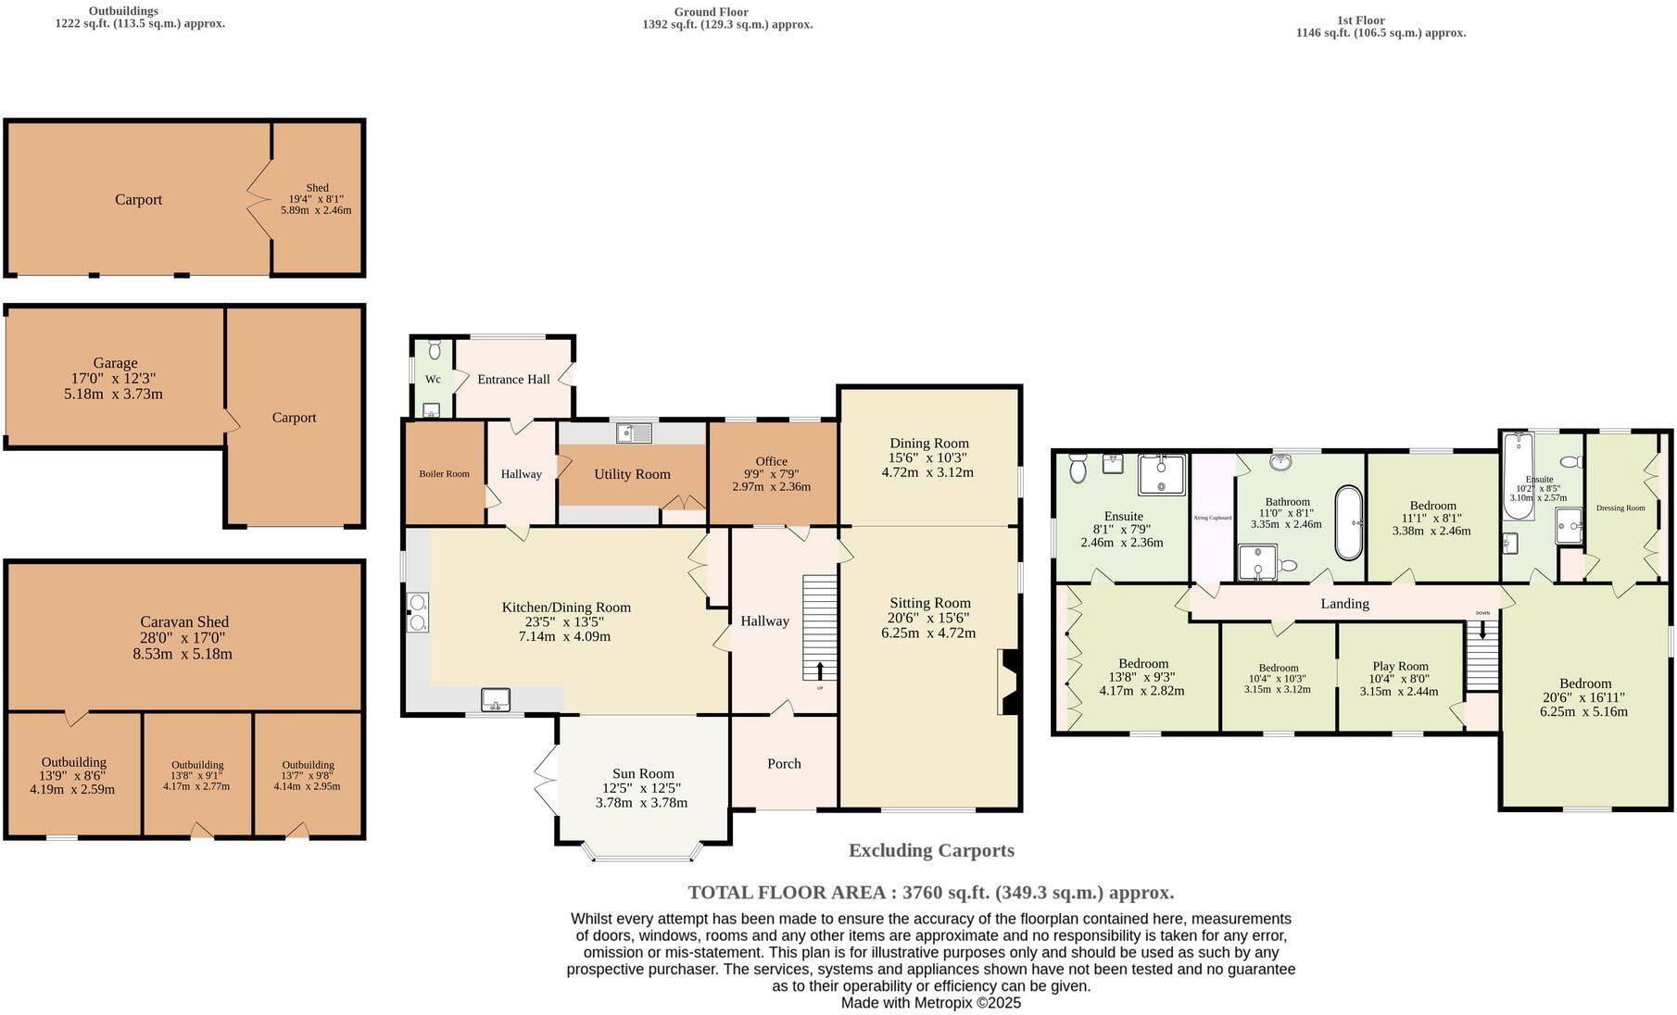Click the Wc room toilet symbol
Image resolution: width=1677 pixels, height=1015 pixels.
pyautogui.click(x=435, y=349)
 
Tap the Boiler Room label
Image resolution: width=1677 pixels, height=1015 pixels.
pyautogui.click(x=444, y=474)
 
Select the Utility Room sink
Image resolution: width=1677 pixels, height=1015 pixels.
pyautogui.click(x=635, y=432)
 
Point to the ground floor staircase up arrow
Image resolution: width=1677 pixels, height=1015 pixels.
pyautogui.click(x=820, y=670)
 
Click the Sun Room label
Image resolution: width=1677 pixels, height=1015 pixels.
pyautogui.click(x=643, y=773)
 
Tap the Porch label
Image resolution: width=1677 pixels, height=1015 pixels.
pyautogui.click(x=784, y=763)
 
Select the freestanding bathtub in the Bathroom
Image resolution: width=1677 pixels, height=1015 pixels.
pyautogui.click(x=1349, y=523)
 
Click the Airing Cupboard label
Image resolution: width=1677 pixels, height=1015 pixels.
pyautogui.click(x=1212, y=518)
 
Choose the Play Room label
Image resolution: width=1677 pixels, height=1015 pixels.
pyautogui.click(x=1400, y=666)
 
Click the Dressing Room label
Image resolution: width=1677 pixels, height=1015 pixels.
pyautogui.click(x=1620, y=507)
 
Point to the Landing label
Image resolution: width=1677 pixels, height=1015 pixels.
pyautogui.click(x=1344, y=604)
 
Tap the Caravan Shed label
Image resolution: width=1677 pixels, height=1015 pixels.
pyautogui.click(x=184, y=622)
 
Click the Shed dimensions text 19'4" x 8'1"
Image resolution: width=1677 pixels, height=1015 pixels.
pyautogui.click(x=317, y=199)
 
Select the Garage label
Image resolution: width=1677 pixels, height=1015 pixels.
pyautogui.click(x=115, y=363)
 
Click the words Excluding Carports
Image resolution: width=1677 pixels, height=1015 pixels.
pyautogui.click(x=931, y=850)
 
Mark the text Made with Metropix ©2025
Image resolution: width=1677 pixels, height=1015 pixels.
pyautogui.click(x=930, y=1002)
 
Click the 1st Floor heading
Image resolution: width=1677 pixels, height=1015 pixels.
pyautogui.click(x=1361, y=19)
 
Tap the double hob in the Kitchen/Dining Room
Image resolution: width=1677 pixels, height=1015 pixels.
pyautogui.click(x=417, y=612)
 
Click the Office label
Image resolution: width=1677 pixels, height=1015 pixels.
pyautogui.click(x=771, y=461)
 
